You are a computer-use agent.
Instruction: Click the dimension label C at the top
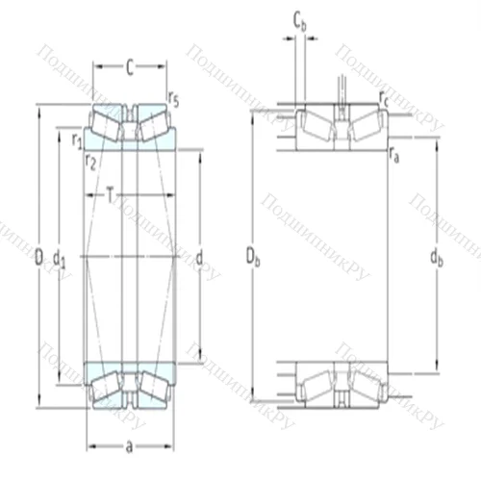[x=128, y=66]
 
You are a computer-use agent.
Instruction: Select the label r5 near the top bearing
[x=172, y=97]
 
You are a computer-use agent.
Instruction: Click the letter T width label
[x=112, y=196]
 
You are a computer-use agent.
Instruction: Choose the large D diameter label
[x=38, y=257]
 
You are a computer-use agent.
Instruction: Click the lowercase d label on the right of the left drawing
[x=198, y=257]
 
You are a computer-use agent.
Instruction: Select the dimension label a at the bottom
[x=128, y=446]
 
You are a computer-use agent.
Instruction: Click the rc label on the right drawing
[x=385, y=97]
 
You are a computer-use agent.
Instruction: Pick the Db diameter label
[x=252, y=257]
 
